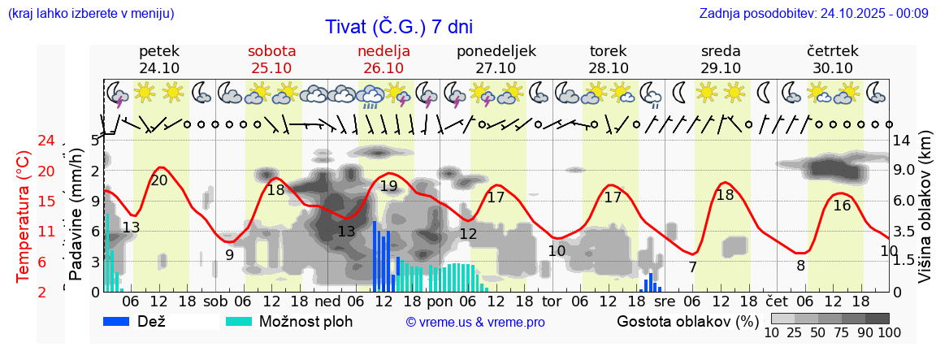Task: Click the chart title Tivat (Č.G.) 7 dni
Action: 399,27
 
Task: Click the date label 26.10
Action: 383,68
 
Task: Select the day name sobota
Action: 271,51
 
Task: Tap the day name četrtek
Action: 833,51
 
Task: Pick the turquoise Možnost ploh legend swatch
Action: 239,322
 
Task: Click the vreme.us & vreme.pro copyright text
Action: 475,323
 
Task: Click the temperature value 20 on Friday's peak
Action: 159,180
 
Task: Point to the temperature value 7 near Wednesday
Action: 692,267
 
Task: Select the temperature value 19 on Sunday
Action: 388,186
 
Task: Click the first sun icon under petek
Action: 145,92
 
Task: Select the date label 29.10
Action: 721,68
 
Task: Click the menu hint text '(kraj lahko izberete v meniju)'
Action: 90,13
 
